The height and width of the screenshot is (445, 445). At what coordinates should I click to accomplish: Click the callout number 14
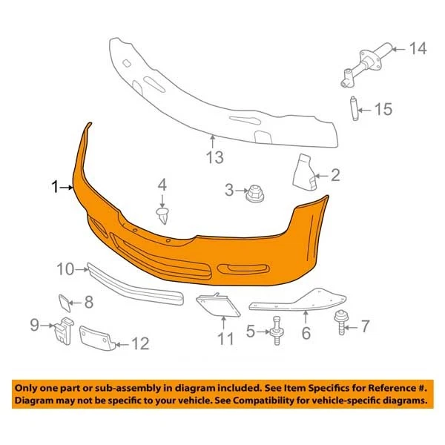point(418,50)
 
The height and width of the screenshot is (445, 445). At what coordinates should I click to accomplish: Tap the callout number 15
point(382,111)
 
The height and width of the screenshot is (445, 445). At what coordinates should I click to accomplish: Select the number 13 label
point(214,156)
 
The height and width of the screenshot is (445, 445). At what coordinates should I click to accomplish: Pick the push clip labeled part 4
point(163,215)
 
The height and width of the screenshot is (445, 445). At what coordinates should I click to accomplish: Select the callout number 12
point(139,343)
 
